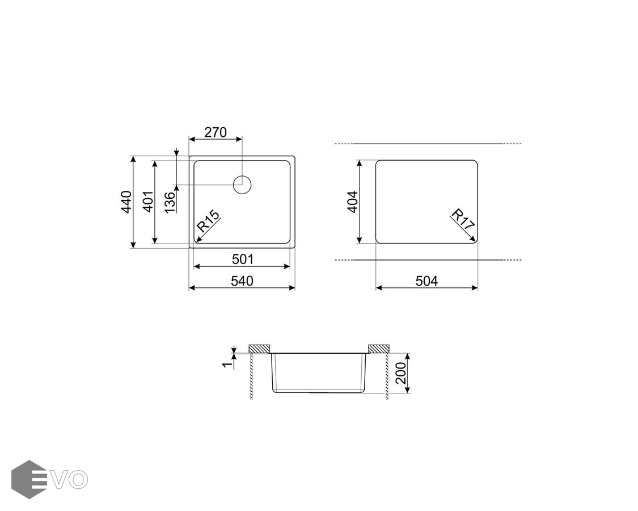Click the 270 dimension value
click(x=216, y=132)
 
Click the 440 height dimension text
click(x=126, y=202)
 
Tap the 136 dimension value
click(x=170, y=202)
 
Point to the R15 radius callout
click(x=208, y=221)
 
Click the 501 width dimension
click(x=243, y=259)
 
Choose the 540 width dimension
click(x=242, y=280)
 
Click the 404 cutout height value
click(x=352, y=202)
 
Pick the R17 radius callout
click(x=463, y=220)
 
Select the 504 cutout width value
click(x=426, y=280)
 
